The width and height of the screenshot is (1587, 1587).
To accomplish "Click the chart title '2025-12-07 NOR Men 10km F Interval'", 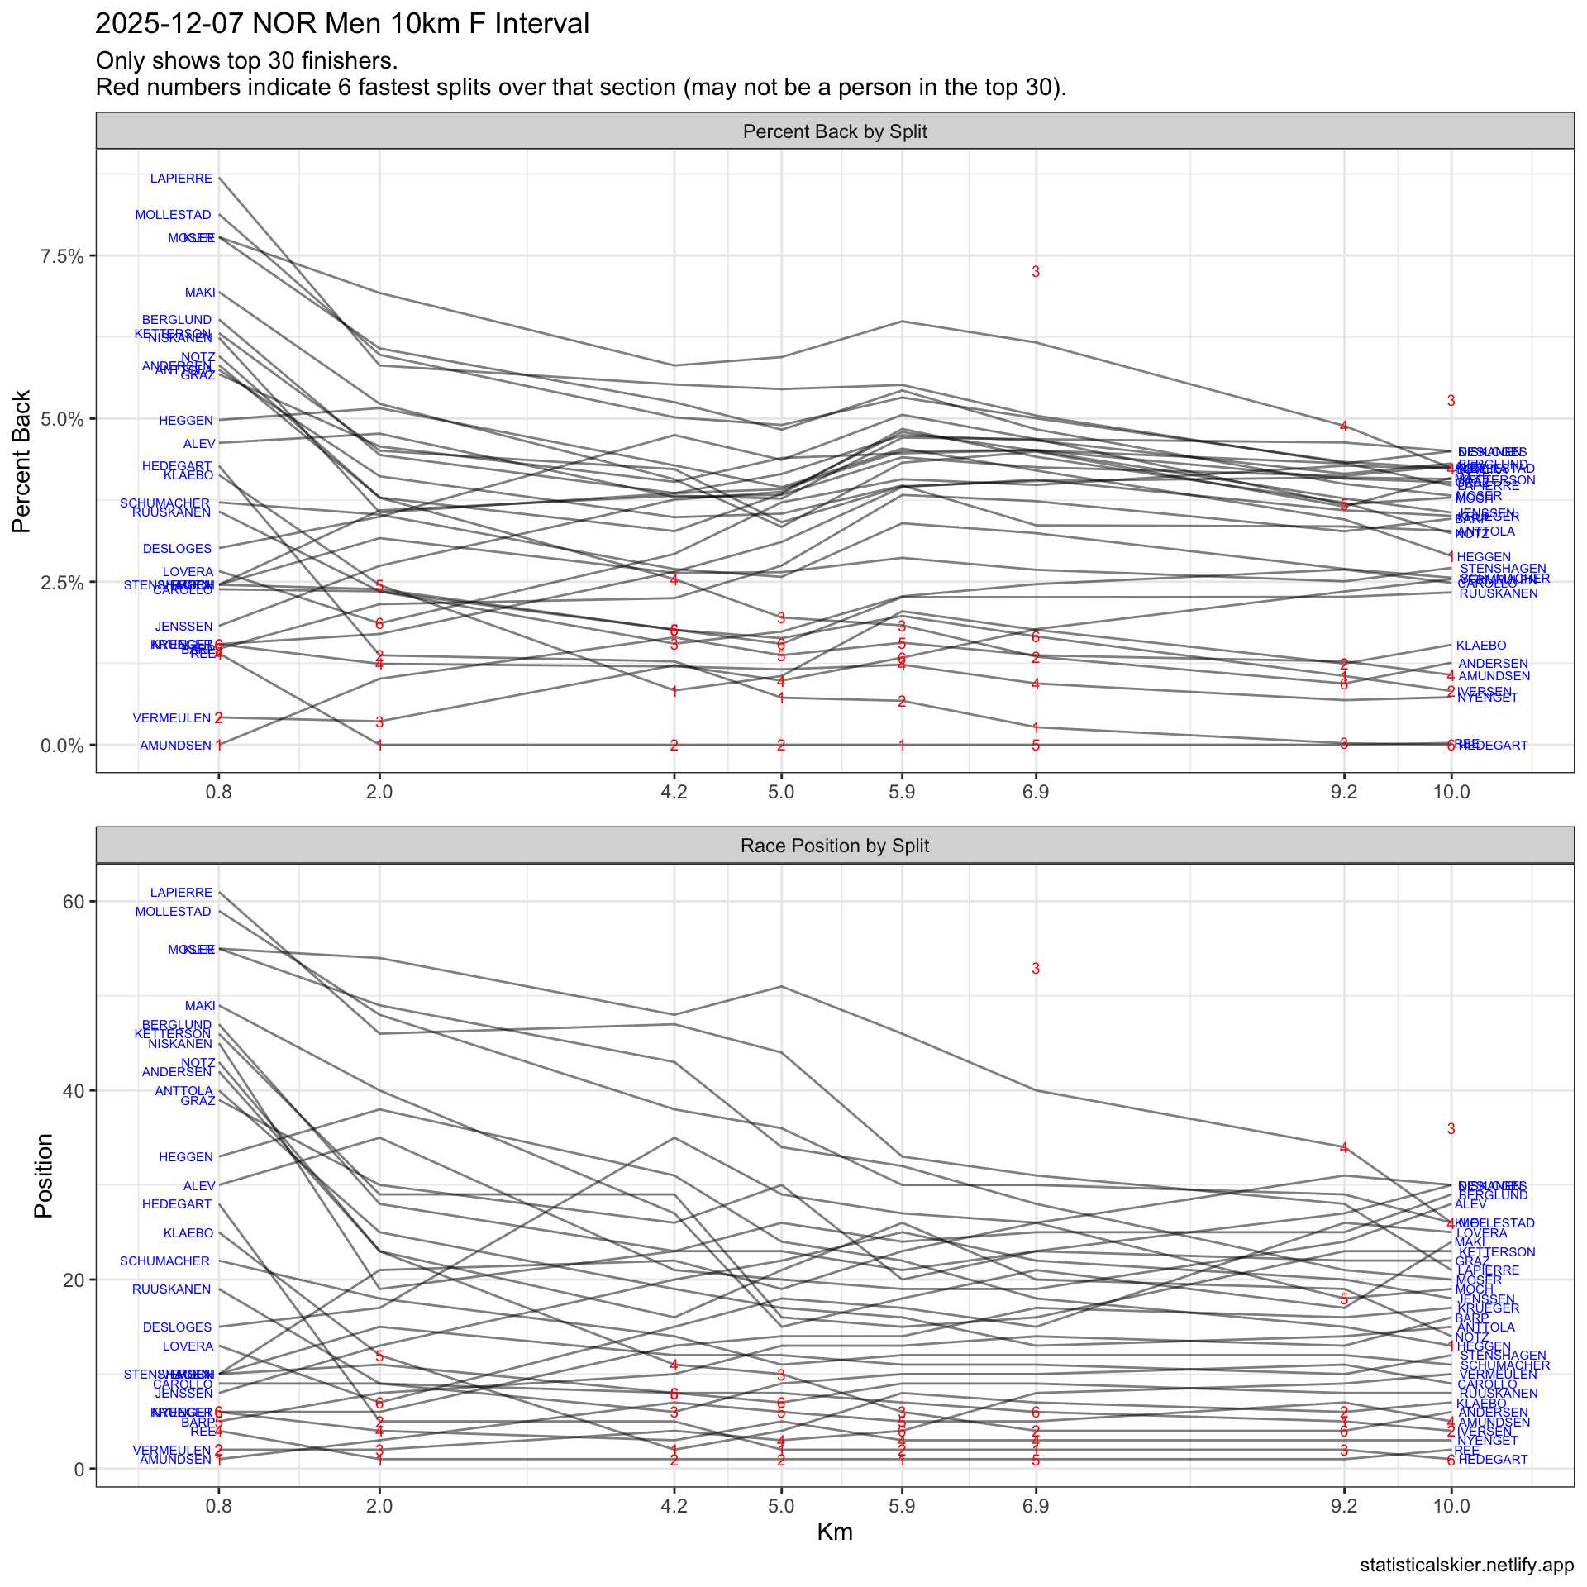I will click(x=342, y=24).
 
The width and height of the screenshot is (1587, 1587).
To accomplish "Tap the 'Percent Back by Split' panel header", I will click(x=835, y=132).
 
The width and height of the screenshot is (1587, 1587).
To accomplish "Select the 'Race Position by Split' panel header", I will click(x=835, y=846).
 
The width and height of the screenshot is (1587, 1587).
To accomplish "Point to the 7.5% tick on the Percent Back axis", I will click(x=63, y=256).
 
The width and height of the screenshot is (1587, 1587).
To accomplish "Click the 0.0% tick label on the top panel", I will click(x=63, y=746).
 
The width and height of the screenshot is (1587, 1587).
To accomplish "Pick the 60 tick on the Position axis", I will click(x=74, y=901).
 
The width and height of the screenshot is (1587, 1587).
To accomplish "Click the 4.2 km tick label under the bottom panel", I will click(x=674, y=1506).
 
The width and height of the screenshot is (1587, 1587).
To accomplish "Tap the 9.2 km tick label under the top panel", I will click(x=1344, y=792).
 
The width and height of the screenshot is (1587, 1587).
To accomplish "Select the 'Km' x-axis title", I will click(x=835, y=1532).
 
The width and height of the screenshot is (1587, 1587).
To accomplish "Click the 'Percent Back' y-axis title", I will click(x=22, y=461).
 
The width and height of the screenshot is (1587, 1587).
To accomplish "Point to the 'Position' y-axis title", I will click(x=44, y=1175).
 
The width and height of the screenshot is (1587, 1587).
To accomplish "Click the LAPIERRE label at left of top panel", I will click(x=181, y=179).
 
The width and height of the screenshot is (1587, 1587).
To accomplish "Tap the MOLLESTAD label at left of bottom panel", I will click(x=174, y=912).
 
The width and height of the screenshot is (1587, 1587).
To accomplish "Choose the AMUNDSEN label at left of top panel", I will click(x=176, y=746).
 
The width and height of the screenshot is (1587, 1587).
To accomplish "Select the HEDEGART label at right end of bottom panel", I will click(x=1493, y=1460).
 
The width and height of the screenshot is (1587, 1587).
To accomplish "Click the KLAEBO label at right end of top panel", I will click(x=1481, y=646).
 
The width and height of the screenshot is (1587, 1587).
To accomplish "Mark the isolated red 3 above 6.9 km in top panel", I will click(x=1036, y=272).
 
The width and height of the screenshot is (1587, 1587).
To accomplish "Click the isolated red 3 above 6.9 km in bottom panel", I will click(x=1036, y=969).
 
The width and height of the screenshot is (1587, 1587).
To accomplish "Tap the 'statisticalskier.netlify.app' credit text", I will click(x=1466, y=1565).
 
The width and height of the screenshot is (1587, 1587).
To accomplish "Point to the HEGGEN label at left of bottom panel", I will click(x=186, y=1157).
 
